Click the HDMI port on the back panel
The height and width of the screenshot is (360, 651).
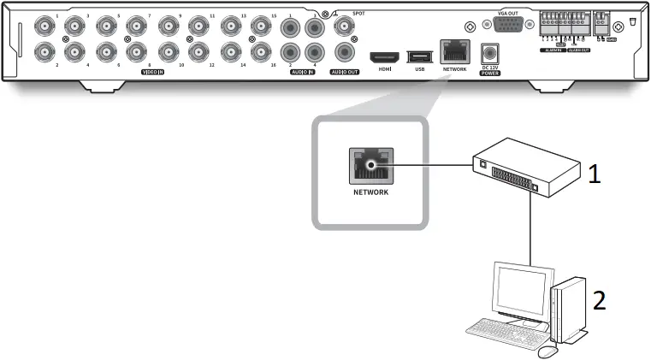[x=382, y=56]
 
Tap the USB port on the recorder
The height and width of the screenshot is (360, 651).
[x=419, y=56]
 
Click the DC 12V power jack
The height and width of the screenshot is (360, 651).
[x=491, y=53]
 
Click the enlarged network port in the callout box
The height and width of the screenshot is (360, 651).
[x=370, y=165]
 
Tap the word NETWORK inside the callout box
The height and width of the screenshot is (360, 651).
[x=370, y=193]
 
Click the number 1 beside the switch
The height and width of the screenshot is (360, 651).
[x=594, y=174]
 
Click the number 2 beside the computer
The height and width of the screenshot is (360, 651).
[x=601, y=300]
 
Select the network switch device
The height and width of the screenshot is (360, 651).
[x=508, y=168]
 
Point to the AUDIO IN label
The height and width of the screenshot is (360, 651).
[x=300, y=73]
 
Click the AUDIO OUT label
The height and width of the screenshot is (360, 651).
[x=346, y=73]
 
